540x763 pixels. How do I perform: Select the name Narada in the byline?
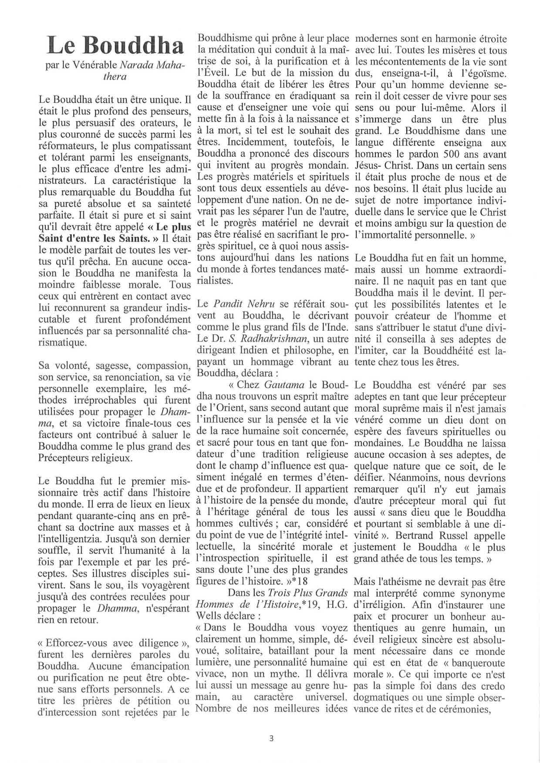(x=137, y=65)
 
